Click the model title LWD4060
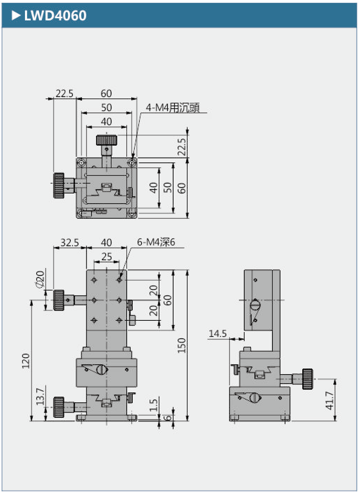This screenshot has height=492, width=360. pos(55,15)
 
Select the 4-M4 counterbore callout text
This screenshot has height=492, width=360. pos(172,107)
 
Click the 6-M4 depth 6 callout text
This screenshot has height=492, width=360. pos(156,242)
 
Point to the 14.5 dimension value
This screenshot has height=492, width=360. pos(217,333)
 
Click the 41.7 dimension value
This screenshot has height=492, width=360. pos(329,400)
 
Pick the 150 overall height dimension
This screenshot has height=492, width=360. pos(181,345)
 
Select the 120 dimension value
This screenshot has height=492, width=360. pos(26,361)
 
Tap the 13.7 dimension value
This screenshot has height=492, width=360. pos(40,396)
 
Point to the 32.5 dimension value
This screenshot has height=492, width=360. pos(69,242)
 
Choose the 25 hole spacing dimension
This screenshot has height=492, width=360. pos(107,256)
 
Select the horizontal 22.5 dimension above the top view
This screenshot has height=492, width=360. pos(64,94)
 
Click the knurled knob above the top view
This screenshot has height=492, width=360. pos(107,140)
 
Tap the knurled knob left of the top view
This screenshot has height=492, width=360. pos(59,185)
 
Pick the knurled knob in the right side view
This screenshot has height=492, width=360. pos(307,379)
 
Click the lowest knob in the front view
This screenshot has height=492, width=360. pos(59,407)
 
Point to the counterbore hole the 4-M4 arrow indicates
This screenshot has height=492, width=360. pos(132,163)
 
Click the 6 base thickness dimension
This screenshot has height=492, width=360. pos(168,418)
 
